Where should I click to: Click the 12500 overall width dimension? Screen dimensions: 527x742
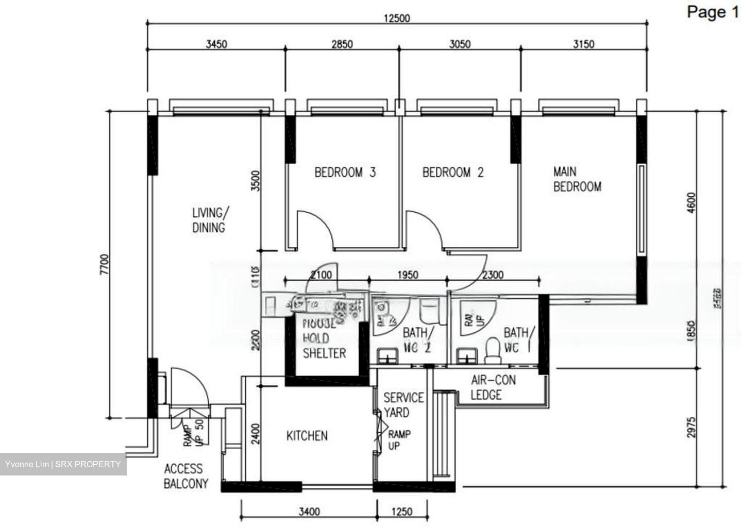(397, 18)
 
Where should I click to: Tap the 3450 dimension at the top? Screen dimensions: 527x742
(216, 44)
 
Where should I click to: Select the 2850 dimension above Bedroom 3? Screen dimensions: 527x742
(342, 44)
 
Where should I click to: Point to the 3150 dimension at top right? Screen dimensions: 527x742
(583, 44)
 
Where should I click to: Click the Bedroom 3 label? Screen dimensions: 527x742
(345, 172)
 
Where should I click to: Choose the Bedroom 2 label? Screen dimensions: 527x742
(453, 172)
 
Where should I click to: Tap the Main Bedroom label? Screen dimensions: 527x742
(577, 179)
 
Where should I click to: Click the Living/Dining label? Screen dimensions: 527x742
(209, 220)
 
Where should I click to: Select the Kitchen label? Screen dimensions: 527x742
(307, 436)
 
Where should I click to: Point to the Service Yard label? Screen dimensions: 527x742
(403, 405)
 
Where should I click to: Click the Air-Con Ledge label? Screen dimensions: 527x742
(493, 387)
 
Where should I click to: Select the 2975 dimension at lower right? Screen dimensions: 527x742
(691, 427)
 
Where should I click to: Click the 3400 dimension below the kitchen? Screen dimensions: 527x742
(309, 512)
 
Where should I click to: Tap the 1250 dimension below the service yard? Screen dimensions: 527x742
(402, 512)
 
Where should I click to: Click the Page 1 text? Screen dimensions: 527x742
(713, 12)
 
